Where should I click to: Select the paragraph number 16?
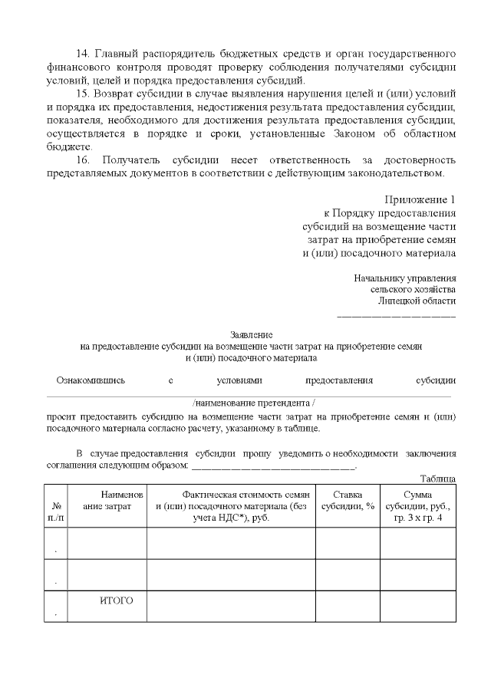point(84,160)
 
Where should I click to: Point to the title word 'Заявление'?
point(251,335)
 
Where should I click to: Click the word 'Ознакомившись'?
point(91,380)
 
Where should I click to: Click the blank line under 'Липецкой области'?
point(397,316)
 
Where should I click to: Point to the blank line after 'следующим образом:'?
point(273,466)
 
